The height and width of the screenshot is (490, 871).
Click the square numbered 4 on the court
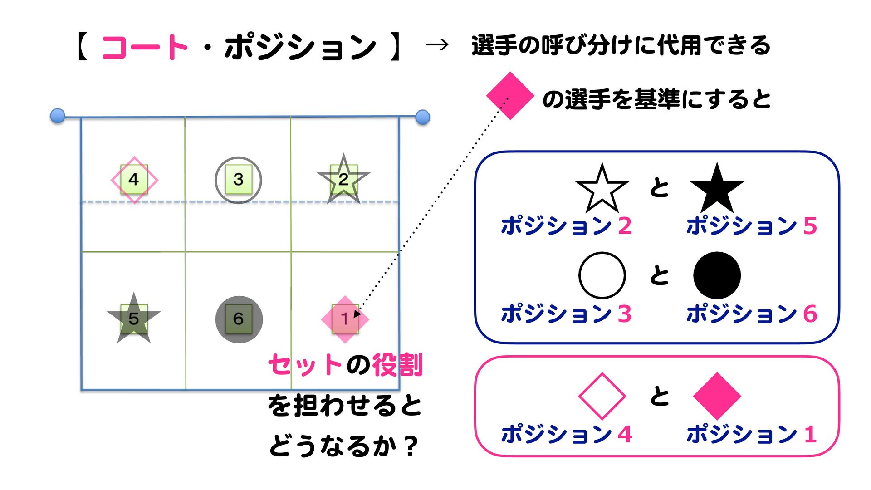click(134, 180)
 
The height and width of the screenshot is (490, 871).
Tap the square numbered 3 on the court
click(238, 180)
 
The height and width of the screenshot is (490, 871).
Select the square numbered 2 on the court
click(343, 180)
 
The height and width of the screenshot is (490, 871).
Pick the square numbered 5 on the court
click(134, 318)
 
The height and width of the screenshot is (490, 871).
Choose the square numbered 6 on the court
click(239, 319)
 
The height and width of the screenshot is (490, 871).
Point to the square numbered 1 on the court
click(345, 319)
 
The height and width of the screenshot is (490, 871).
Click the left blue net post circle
click(58, 116)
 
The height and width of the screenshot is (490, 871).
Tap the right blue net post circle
click(422, 117)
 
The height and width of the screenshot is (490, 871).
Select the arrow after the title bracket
click(437, 45)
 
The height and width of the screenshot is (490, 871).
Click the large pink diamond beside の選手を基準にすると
click(509, 96)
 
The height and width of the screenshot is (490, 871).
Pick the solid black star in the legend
click(717, 189)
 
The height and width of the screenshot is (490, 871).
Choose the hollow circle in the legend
click(602, 275)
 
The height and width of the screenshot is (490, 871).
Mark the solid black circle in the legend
click(717, 275)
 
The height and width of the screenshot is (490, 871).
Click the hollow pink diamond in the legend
click(602, 396)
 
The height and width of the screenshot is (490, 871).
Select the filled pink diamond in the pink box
click(717, 396)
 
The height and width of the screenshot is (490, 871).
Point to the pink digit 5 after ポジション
click(810, 226)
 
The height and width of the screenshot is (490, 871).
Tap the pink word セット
click(304, 365)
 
